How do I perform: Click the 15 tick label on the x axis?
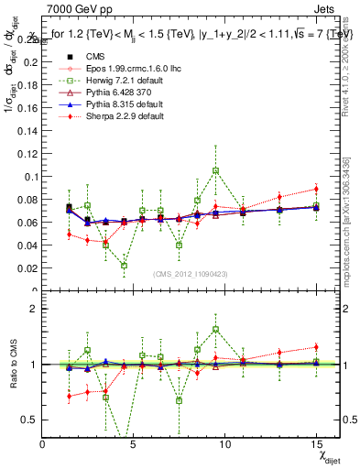point(315,444)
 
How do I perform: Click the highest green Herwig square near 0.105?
point(215,170)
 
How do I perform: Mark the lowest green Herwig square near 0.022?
point(124,266)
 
